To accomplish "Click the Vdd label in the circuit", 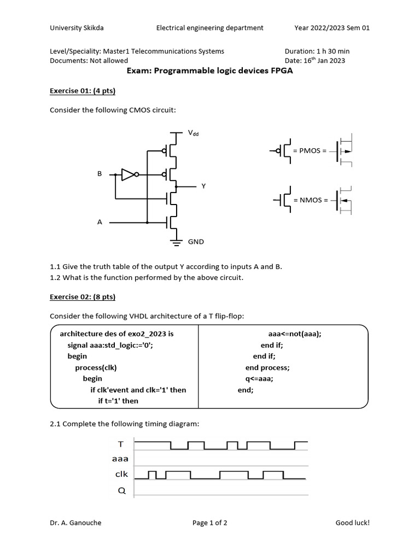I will click(x=193, y=133).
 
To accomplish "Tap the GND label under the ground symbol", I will click(x=196, y=241).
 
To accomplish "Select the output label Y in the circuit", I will click(x=203, y=186).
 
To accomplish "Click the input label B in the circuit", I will click(x=100, y=174).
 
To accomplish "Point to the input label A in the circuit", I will click(x=100, y=223).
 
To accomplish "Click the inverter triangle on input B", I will click(x=128, y=174).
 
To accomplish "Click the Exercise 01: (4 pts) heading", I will click(x=83, y=91).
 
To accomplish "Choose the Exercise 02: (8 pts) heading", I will click(x=83, y=297).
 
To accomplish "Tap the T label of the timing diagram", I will click(x=121, y=445).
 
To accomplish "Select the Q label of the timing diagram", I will click(x=121, y=491).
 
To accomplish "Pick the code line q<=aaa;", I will click(x=259, y=378).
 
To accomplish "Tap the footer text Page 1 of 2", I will click(x=210, y=523).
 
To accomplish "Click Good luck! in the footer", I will click(x=352, y=523).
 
